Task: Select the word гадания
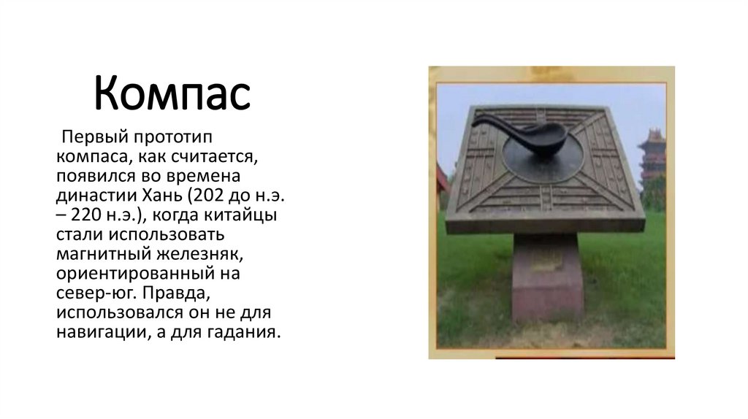[241, 332]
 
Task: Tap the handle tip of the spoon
[476, 123]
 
